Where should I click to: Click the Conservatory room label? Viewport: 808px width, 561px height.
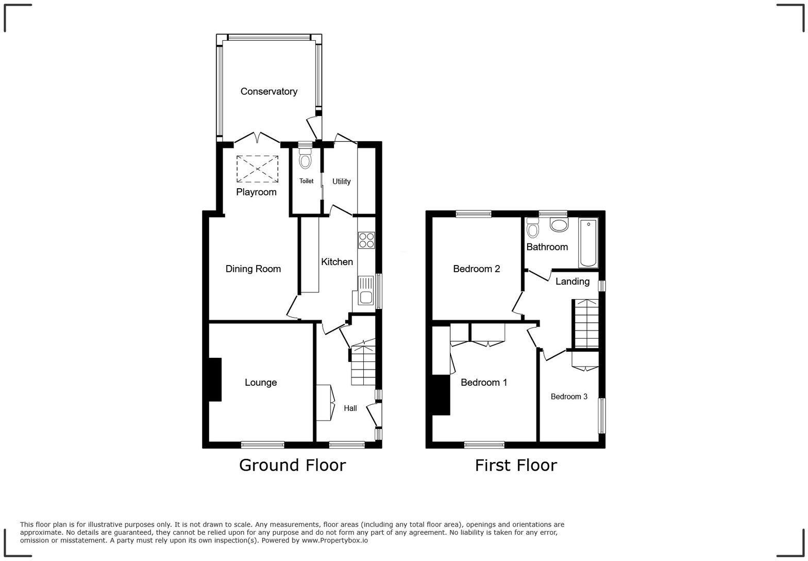coord(268,92)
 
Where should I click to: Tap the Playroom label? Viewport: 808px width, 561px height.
coord(256,192)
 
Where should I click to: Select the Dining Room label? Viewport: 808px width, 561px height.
coord(253,269)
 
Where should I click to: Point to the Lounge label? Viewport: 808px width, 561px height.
coord(260,383)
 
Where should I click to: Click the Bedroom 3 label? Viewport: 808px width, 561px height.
coord(569,397)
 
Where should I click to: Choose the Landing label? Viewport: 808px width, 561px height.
coord(572,282)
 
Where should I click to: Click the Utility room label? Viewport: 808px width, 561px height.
coord(341,181)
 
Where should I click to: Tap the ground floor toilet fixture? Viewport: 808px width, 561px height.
coord(305,159)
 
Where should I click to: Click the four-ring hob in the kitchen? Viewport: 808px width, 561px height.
coord(366,240)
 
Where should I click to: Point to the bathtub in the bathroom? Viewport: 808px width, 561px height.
coord(588,242)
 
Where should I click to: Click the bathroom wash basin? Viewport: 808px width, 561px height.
coord(559,224)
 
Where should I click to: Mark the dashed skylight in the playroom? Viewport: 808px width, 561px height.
coord(257,169)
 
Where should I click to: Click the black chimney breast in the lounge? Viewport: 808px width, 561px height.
coord(215,379)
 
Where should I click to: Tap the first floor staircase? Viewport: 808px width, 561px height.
coord(586,324)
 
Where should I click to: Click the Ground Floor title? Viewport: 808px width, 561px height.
coord(292,465)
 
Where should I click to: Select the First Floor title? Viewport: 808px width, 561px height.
coord(515,465)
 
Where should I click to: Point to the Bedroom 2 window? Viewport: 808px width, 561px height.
coord(473,213)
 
